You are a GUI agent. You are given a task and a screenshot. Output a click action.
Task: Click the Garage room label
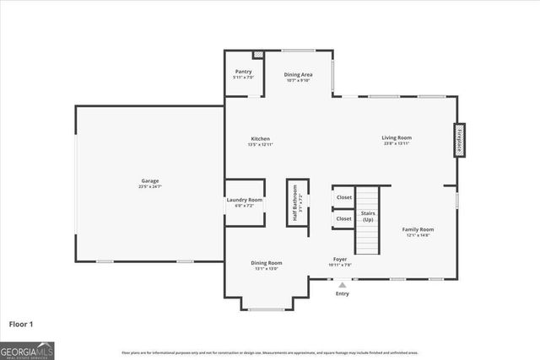[150, 180]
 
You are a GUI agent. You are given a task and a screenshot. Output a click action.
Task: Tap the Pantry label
[244, 72]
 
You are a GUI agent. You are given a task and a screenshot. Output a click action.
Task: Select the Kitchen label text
[260, 138]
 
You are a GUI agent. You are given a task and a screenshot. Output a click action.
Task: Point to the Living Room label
[396, 137]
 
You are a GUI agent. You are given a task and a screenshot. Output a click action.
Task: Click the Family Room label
[417, 229]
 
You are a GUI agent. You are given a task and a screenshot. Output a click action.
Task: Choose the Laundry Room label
[245, 200]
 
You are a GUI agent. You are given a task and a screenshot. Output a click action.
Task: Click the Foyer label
[339, 259]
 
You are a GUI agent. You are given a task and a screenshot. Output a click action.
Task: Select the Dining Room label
[267, 262]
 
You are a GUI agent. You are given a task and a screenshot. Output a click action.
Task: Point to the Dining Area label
[299, 74]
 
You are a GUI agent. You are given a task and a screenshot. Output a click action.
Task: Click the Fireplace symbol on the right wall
[459, 139]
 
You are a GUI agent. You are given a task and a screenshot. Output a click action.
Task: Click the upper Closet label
[344, 197]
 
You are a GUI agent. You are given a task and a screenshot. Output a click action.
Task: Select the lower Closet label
[344, 218]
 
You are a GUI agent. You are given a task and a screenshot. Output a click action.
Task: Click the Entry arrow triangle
[342, 285]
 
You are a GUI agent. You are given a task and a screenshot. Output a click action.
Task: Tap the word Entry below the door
[342, 293]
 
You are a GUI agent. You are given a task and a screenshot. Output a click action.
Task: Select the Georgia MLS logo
[27, 349]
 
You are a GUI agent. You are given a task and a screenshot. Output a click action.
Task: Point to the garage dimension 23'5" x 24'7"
[150, 186]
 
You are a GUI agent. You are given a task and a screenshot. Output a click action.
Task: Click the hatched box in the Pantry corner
[259, 55]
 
